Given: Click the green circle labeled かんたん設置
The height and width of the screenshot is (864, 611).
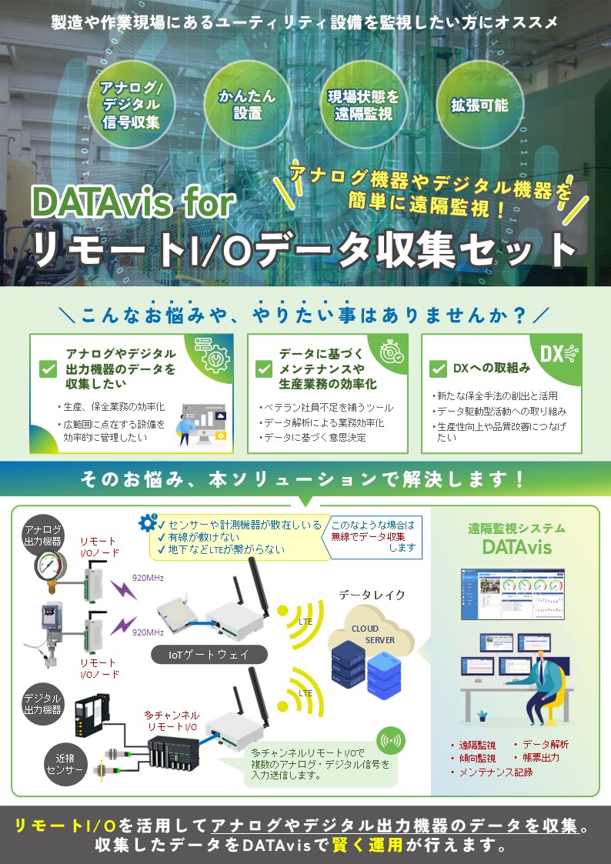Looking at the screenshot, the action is click(x=247, y=104).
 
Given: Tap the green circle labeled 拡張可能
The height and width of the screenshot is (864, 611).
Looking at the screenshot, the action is click(x=479, y=105).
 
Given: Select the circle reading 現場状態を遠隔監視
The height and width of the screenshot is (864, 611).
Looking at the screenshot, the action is click(x=364, y=105).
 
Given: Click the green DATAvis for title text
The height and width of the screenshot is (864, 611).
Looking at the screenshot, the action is click(x=134, y=202).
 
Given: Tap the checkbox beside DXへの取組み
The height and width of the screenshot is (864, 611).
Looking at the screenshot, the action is click(x=438, y=369).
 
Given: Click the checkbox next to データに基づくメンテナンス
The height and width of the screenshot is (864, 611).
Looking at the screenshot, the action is click(x=264, y=369).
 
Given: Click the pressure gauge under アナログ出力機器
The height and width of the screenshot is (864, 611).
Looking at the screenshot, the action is click(x=51, y=567).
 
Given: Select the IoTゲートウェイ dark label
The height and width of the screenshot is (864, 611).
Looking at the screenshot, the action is click(x=209, y=655).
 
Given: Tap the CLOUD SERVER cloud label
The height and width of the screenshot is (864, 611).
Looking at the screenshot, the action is click(x=372, y=634).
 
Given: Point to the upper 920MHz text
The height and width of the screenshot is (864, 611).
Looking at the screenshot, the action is click(x=148, y=578).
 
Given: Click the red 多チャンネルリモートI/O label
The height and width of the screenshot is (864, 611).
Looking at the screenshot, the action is click(x=172, y=721).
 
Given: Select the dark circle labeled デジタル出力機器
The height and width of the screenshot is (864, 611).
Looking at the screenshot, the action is click(x=42, y=704).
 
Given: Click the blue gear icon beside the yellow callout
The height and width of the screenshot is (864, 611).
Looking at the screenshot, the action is click(x=148, y=522).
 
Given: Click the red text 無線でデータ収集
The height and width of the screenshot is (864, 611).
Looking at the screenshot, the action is click(x=368, y=536).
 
